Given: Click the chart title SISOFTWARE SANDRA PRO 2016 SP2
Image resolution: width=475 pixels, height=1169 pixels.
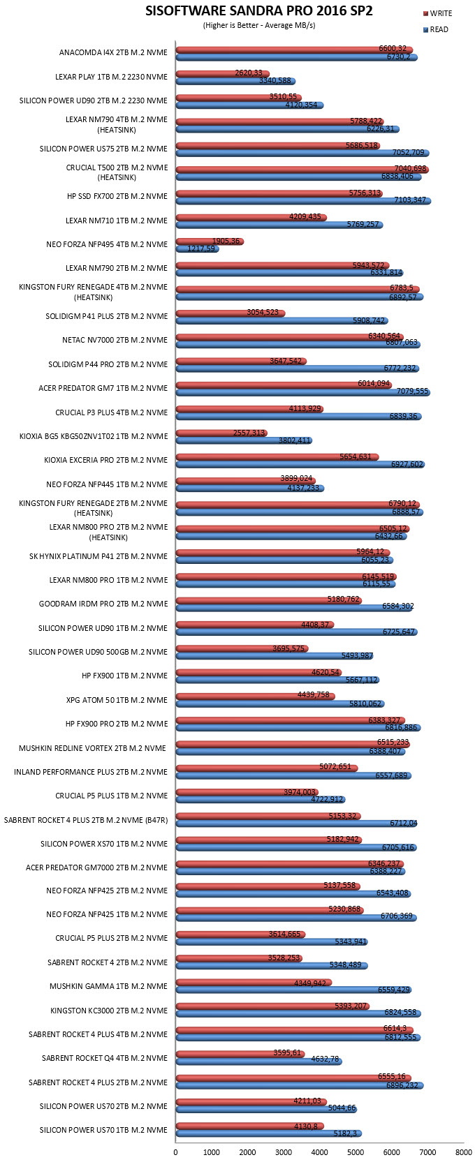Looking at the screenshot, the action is click(x=258, y=11).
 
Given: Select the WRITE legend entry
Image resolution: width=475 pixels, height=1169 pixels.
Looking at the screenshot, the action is click(x=437, y=13).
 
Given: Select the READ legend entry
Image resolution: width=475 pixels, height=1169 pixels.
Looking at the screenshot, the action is click(x=436, y=30).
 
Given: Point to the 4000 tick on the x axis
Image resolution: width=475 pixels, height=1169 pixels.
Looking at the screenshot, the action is click(x=319, y=1152).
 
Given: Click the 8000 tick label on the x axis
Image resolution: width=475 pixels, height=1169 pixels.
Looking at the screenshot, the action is click(x=464, y=1152).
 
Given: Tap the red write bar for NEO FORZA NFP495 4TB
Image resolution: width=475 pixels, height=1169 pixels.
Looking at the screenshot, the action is click(x=210, y=241).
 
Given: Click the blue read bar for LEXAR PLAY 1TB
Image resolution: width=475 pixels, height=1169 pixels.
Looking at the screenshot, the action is click(x=235, y=81).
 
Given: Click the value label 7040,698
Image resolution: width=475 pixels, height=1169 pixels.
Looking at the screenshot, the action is click(x=410, y=168).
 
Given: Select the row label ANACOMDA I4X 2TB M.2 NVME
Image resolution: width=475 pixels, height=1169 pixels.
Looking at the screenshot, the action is click(x=113, y=52).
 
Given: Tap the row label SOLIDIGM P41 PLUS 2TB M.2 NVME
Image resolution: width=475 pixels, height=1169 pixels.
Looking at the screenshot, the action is click(x=107, y=316).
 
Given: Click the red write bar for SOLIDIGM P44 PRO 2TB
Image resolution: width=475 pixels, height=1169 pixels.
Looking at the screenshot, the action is click(x=241, y=361).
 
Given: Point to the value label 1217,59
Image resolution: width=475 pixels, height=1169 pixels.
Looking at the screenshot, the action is click(x=201, y=248).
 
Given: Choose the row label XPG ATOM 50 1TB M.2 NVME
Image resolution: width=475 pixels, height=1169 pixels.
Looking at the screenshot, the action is click(x=117, y=700).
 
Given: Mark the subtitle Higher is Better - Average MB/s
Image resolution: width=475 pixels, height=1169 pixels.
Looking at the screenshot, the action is click(x=258, y=26).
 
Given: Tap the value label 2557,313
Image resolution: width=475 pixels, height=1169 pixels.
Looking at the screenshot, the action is click(x=249, y=433).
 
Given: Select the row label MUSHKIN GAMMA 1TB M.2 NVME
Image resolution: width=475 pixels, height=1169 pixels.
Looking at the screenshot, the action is click(x=109, y=986).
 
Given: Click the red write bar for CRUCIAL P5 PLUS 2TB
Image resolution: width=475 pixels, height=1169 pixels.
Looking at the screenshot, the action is click(x=240, y=935).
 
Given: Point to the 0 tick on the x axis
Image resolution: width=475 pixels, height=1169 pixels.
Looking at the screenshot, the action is click(x=175, y=1152).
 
